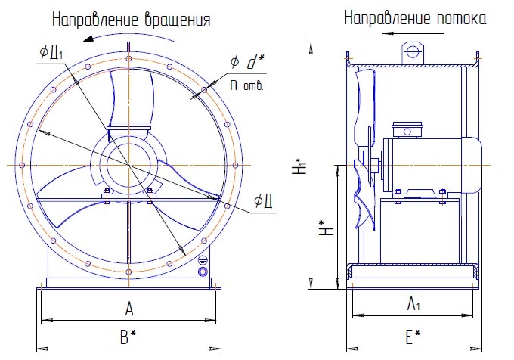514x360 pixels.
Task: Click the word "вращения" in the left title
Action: coord(178,20)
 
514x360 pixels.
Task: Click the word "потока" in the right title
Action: coord(461,18)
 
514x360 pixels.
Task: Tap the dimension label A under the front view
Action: coord(129,309)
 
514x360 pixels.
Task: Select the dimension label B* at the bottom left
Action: coord(128,337)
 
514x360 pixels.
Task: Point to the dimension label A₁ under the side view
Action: coord(413,303)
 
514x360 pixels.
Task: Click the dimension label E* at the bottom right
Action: coord(413,337)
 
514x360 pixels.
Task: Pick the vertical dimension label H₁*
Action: coord(299,166)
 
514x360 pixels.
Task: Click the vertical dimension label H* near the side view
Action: coord(327,227)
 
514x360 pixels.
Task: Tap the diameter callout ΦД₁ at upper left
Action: coord(51,52)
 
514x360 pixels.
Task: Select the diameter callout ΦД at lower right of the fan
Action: coord(264,200)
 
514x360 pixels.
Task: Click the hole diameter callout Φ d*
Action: coord(247,62)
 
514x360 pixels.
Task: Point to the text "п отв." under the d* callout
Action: coord(247,86)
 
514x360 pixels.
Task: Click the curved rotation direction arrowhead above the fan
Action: coord(89,39)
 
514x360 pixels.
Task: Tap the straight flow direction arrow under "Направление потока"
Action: coord(413,33)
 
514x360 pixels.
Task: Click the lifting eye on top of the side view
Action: coord(413,52)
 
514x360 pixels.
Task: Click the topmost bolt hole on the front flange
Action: coord(128,59)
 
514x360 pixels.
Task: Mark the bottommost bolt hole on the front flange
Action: coord(128,272)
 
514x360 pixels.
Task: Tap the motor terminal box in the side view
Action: coord(407,130)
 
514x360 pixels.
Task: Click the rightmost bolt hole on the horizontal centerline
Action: coord(235,165)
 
